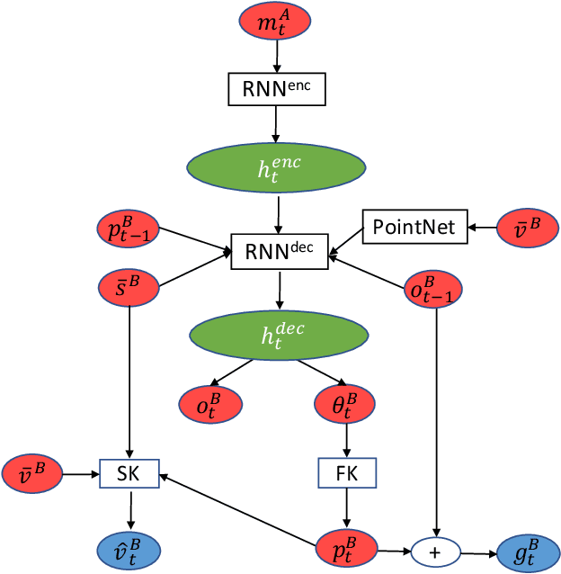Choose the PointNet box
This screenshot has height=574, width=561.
[x=415, y=227]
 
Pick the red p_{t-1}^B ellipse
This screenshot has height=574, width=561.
[x=127, y=230]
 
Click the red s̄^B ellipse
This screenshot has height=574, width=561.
[x=129, y=288]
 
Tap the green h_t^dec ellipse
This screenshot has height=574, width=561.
[x=279, y=335]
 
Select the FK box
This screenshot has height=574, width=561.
[x=346, y=472]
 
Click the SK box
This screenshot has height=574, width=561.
[x=129, y=472]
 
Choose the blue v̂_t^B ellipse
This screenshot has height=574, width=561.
[x=129, y=549]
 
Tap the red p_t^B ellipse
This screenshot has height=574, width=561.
[x=346, y=549]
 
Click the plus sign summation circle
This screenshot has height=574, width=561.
[x=436, y=552]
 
